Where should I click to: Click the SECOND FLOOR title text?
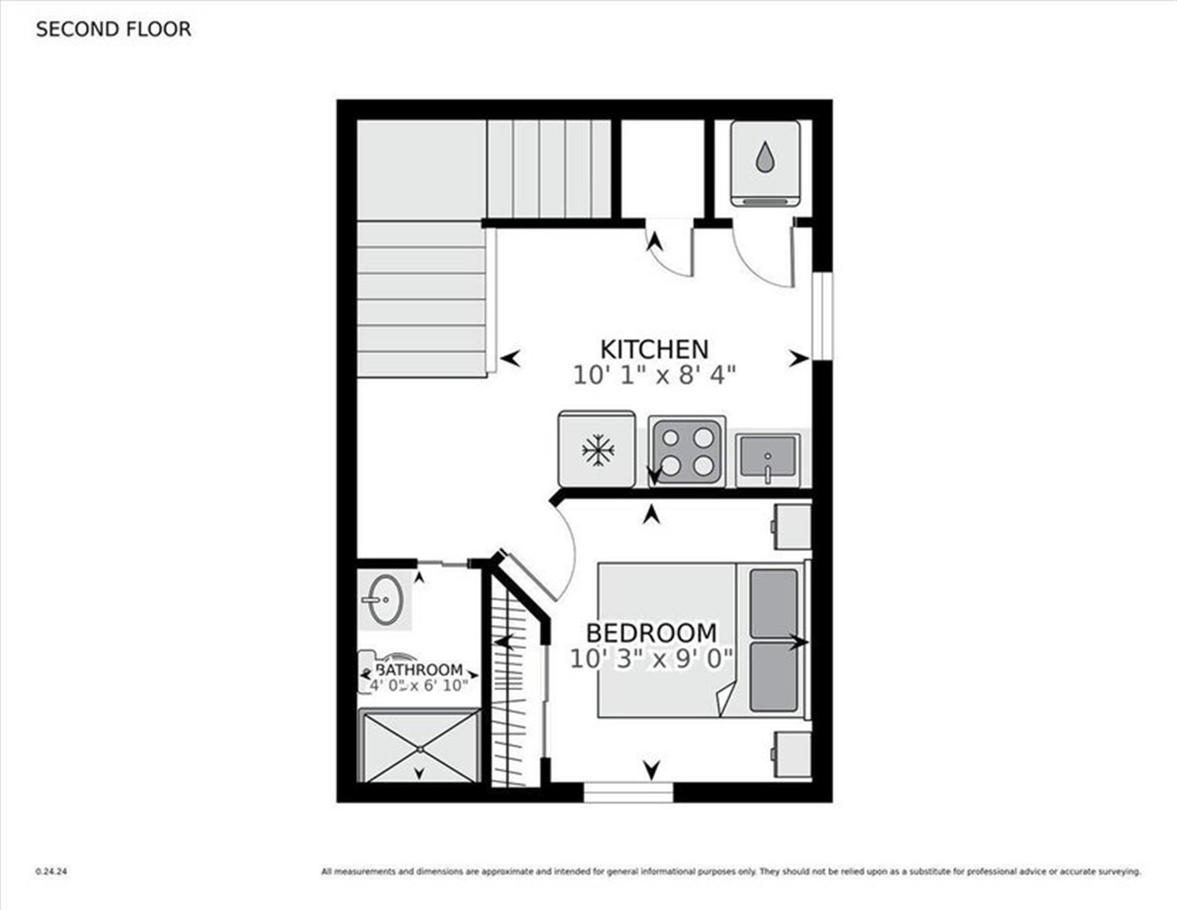click(113, 29)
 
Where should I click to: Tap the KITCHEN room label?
click(654, 350)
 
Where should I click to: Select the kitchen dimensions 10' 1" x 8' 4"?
click(654, 375)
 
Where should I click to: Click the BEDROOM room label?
click(651, 633)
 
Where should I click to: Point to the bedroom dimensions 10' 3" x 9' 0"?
click(651, 659)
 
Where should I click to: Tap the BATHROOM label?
click(419, 670)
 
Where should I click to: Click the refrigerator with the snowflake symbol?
click(596, 449)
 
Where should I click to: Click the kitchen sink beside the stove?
click(768, 457)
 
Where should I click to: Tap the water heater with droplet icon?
click(764, 163)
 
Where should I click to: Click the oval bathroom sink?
click(386, 599)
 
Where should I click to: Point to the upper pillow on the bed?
click(774, 603)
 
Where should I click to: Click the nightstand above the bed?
click(793, 526)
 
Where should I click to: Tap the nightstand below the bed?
click(793, 754)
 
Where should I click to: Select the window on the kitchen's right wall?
click(822, 315)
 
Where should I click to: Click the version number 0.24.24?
click(51, 871)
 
